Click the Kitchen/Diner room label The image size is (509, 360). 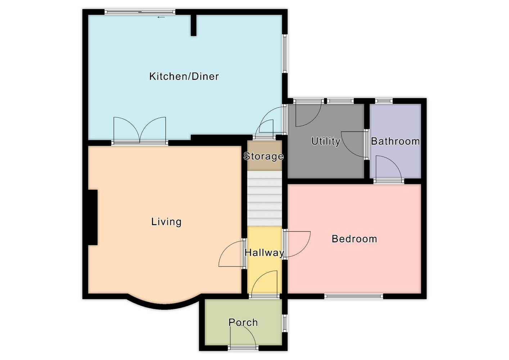pos(184,76)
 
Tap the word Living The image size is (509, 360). pos(166,222)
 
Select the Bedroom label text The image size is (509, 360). pos(354,239)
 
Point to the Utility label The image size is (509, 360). pos(326,141)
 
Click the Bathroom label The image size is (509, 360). pos(395,141)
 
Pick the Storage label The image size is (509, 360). pos(263,156)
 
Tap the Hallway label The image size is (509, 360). pos(265,253)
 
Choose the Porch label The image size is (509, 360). pos(243,323)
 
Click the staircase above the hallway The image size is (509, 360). pos(265,198)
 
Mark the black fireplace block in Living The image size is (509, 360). pos(93,217)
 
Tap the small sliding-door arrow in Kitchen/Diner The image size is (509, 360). pos(161,17)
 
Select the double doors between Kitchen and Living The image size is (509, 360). pos(140,131)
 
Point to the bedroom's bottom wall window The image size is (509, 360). pos(353,296)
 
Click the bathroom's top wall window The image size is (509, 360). pos(384,101)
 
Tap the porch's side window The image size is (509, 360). pos(285,323)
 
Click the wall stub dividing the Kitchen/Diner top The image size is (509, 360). pos(194,25)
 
